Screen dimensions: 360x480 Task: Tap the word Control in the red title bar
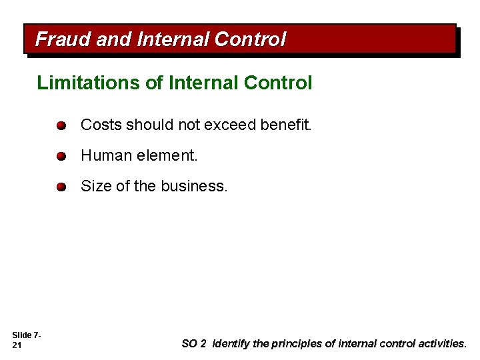coord(250,39)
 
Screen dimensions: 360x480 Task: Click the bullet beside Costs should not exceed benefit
coord(61,125)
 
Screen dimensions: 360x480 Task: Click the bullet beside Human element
coord(61,156)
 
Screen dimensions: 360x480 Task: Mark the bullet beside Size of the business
coord(61,187)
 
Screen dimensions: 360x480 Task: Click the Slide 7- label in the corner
coord(27,335)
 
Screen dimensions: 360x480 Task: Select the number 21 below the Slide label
coord(17,345)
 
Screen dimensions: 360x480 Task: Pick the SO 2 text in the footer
coord(194,344)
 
